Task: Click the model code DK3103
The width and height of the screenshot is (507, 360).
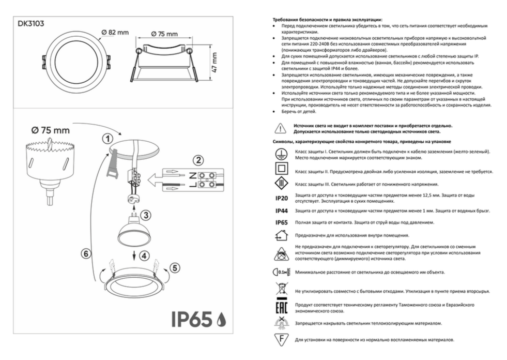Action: click(x=30, y=23)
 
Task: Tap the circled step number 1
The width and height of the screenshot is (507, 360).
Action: click(x=106, y=139)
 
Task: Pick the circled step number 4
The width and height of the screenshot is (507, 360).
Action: click(x=144, y=256)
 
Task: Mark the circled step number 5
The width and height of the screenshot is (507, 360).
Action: click(x=175, y=267)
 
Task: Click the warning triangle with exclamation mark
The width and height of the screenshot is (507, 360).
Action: click(x=280, y=128)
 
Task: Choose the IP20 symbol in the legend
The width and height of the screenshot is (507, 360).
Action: click(x=281, y=197)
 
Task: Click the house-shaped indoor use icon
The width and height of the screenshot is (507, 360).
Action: click(x=280, y=235)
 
